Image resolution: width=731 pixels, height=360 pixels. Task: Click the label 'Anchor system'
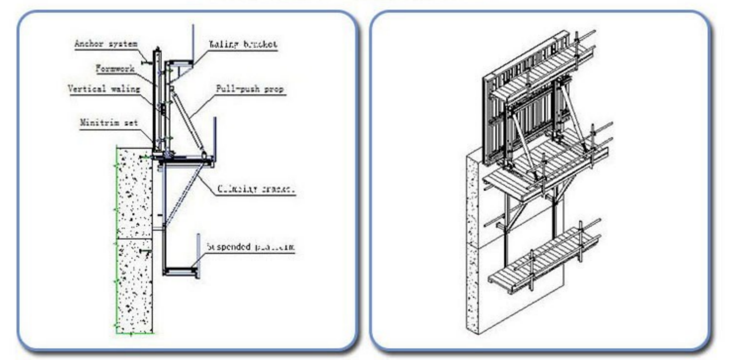[106, 43]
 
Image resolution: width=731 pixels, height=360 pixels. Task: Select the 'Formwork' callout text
[114, 69]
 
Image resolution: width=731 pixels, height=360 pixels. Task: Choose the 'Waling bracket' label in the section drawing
[243, 44]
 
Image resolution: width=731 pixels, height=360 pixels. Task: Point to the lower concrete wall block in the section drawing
[134, 287]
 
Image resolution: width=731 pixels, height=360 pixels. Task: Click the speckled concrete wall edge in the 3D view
[472, 243]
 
